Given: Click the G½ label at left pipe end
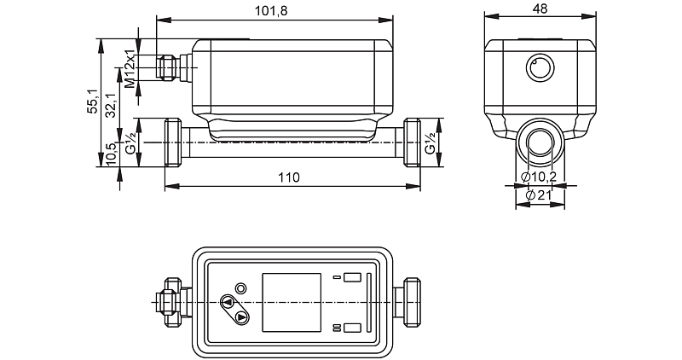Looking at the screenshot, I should pos(130,142).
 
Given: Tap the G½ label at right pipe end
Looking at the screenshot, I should pos(431,142).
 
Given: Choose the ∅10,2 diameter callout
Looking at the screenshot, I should pos(539,177).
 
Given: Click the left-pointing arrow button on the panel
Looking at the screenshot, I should pos(228,301).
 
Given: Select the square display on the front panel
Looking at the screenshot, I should pos(291,303).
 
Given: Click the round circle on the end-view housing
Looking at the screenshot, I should pos(539,67).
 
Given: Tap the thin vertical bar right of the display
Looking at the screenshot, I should pos(368,303).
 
